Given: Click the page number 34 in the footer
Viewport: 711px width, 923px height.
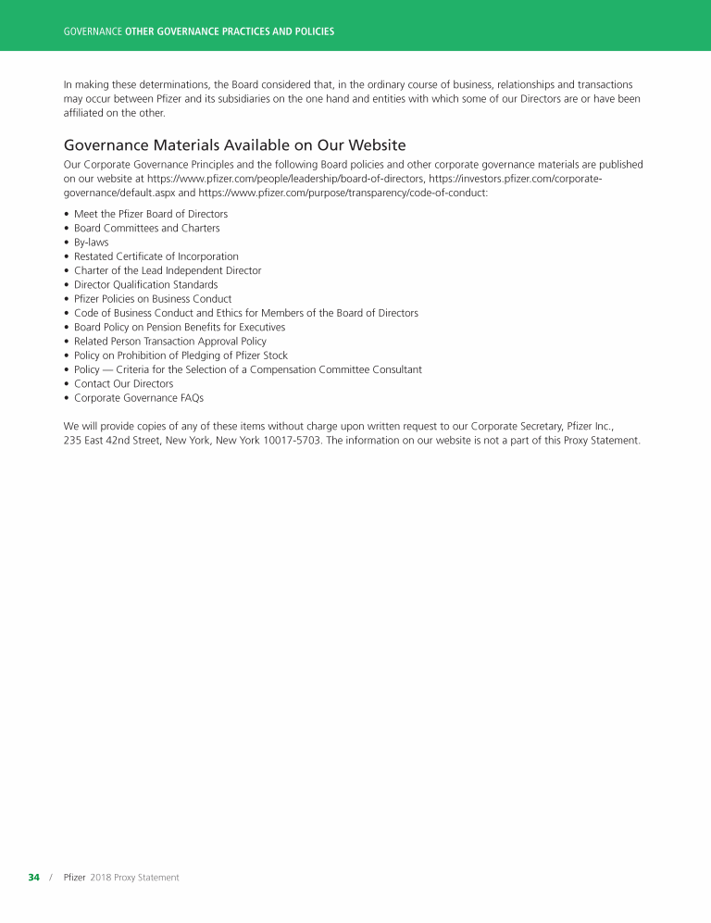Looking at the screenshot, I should (x=33, y=877).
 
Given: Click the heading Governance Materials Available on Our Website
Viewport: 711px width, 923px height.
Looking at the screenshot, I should (x=234, y=145).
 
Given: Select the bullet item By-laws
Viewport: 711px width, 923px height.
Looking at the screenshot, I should (x=91, y=243).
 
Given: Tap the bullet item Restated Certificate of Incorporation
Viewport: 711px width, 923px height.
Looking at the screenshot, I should (x=156, y=256).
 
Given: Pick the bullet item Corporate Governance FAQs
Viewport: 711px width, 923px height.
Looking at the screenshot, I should (x=138, y=398).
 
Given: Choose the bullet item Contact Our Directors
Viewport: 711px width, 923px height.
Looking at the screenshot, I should (x=123, y=383).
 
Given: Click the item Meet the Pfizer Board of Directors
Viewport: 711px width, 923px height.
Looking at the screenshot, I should (x=150, y=214).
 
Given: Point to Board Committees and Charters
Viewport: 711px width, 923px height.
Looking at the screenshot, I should (x=146, y=228).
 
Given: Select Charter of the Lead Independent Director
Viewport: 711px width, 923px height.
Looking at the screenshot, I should (x=168, y=270).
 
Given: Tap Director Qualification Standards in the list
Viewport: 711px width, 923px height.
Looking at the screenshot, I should (x=145, y=285).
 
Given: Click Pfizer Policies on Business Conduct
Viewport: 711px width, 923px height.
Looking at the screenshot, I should (x=153, y=299).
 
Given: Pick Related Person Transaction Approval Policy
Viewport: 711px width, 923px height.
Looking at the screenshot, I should (x=169, y=342).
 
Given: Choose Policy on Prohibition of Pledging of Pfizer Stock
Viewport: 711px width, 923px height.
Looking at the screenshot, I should (x=181, y=355).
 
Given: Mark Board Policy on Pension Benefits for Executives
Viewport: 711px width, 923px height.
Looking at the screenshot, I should (x=180, y=327).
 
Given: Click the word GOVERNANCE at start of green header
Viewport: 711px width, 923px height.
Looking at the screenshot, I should (x=93, y=31).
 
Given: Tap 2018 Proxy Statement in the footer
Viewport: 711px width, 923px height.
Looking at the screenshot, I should (x=134, y=877).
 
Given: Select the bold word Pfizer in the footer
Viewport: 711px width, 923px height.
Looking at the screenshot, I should (x=74, y=877).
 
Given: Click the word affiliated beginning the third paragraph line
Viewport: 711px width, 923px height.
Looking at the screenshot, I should (x=84, y=113).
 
